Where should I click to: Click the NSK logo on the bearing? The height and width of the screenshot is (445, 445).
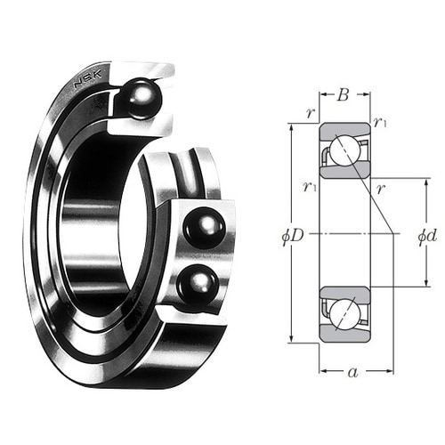[88, 78]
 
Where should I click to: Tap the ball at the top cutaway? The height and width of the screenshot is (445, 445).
[141, 98]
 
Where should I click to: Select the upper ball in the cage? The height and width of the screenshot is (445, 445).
[205, 228]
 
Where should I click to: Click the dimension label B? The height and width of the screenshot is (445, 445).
[343, 95]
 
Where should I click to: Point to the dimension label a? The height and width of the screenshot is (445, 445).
[353, 372]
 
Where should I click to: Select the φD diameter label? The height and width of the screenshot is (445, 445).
[293, 236]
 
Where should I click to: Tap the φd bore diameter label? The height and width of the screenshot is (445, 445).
[427, 236]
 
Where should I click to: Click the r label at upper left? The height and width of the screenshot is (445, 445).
[311, 113]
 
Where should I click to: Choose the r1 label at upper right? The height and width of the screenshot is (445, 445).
[380, 122]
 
